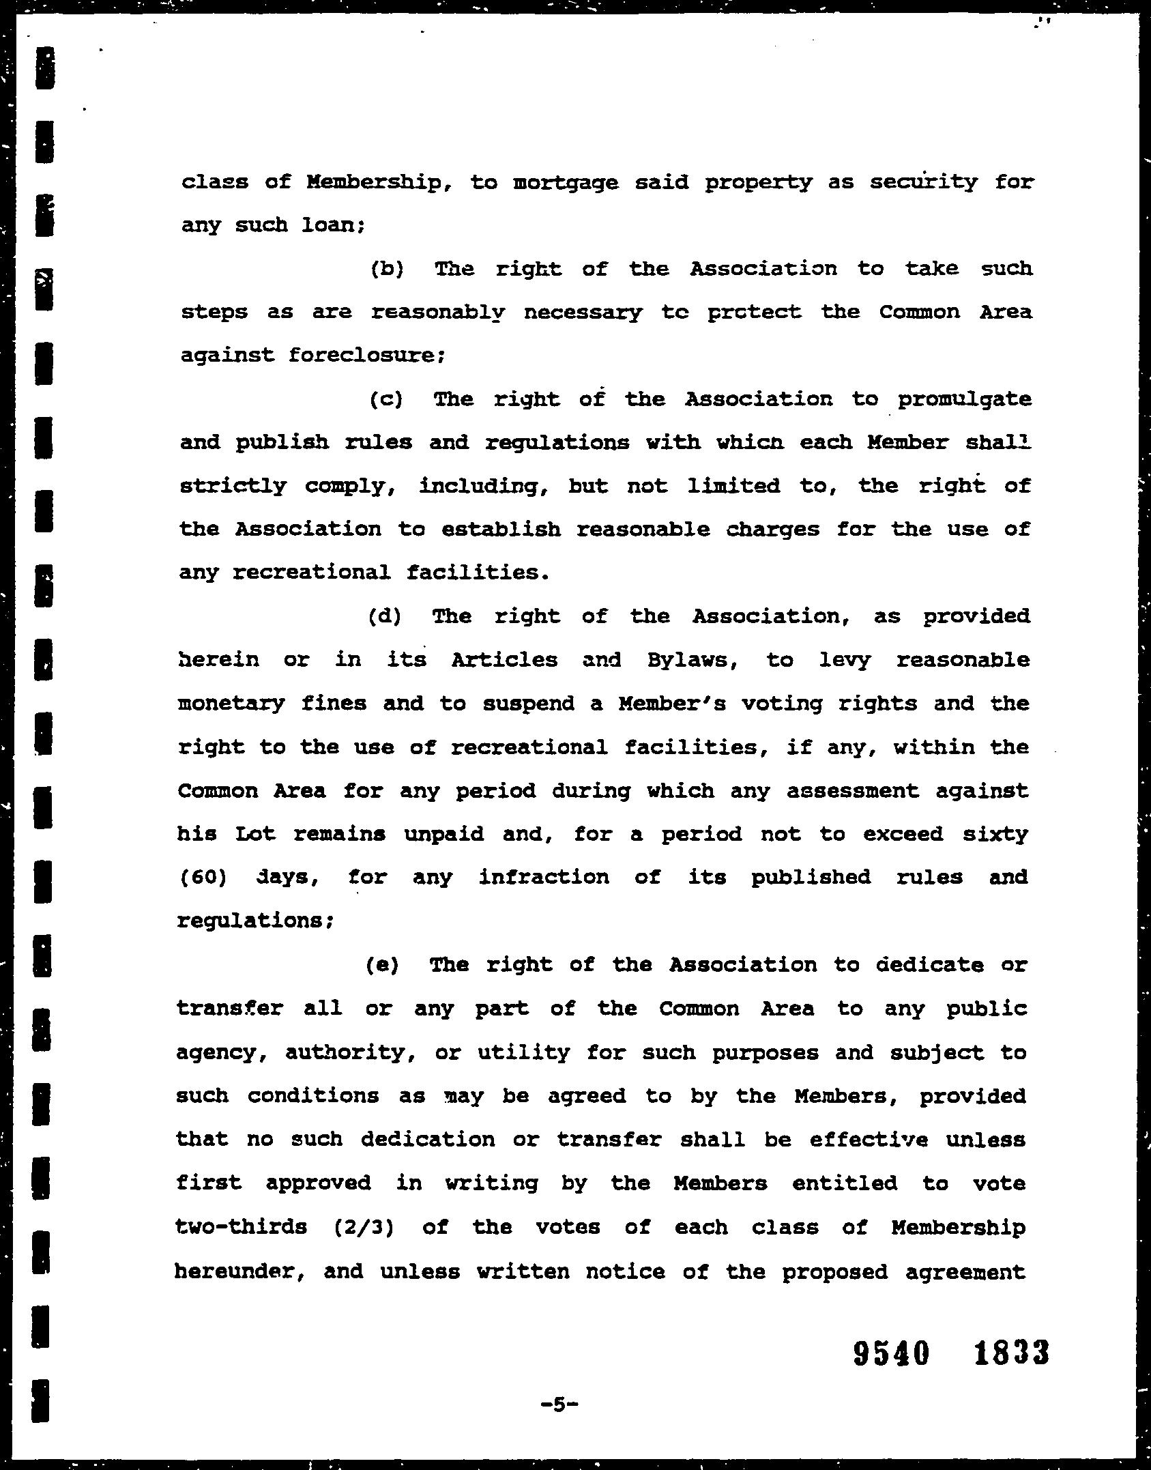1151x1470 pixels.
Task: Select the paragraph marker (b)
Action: (387, 269)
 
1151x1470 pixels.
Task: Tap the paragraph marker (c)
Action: (385, 399)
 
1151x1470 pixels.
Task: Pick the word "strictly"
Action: (233, 487)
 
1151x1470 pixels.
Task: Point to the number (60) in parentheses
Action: (202, 878)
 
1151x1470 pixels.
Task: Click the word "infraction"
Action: (543, 878)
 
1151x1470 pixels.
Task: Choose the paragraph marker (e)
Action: (382, 966)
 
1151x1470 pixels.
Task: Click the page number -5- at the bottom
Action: (559, 1405)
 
